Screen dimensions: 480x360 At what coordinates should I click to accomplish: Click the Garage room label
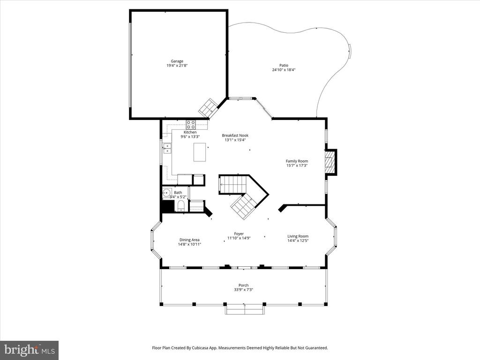pyautogui.click(x=177, y=61)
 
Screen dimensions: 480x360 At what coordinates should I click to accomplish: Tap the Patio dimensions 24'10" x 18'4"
pyautogui.click(x=284, y=70)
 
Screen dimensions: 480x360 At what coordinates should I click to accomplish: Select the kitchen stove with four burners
pyautogui.click(x=191, y=124)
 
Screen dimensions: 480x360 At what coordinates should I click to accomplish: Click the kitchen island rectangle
pyautogui.click(x=200, y=152)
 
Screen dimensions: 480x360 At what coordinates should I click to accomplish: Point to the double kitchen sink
pyautogui.click(x=167, y=149)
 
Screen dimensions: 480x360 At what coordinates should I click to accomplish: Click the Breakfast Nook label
pyautogui.click(x=235, y=135)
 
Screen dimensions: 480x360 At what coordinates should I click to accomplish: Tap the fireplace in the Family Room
pyautogui.click(x=330, y=162)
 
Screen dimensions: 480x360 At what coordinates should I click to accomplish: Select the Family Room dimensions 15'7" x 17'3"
pyautogui.click(x=297, y=165)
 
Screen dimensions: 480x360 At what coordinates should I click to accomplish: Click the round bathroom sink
pyautogui.click(x=167, y=193)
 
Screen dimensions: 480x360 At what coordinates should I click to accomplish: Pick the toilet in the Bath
pyautogui.click(x=181, y=206)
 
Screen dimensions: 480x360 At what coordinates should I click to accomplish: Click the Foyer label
pyautogui.click(x=239, y=234)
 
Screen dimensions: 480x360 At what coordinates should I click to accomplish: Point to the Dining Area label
pyautogui.click(x=189, y=240)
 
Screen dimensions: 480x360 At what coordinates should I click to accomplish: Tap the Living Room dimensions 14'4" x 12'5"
pyautogui.click(x=298, y=240)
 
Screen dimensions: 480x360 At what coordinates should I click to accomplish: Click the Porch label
pyautogui.click(x=244, y=285)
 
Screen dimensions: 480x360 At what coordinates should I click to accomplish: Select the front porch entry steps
pyautogui.click(x=244, y=309)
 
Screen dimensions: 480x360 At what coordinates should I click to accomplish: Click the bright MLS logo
pyautogui.click(x=30, y=350)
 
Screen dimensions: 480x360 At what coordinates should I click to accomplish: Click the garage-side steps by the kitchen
pyautogui.click(x=208, y=107)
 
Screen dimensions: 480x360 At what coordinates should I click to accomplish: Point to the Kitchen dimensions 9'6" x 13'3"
pyautogui.click(x=190, y=137)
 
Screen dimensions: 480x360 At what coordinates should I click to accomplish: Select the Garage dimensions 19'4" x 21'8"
pyautogui.click(x=177, y=66)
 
